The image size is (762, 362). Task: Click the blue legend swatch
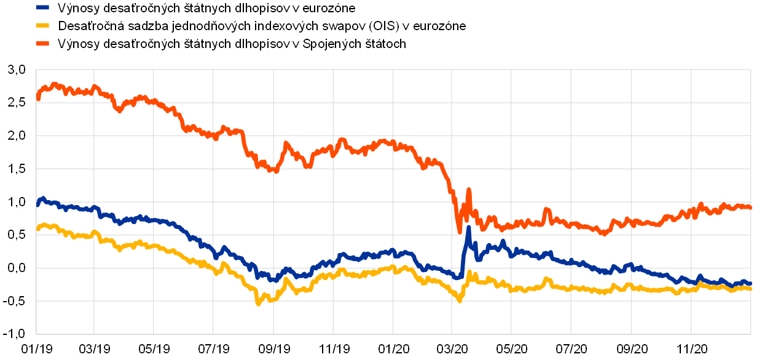(42, 7)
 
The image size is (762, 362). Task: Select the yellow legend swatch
(42, 25)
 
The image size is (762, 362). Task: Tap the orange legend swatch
(42, 43)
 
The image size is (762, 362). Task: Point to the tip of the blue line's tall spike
(468, 228)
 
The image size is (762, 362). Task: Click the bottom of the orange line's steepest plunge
(460, 232)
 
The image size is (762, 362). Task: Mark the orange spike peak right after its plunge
(468, 190)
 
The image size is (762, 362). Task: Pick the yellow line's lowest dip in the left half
(258, 303)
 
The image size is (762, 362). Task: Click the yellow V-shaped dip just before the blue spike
(460, 300)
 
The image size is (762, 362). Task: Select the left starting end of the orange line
(37, 98)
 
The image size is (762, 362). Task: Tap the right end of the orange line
(750, 207)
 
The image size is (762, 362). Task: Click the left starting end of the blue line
(37, 204)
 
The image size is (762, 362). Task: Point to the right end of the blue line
(750, 284)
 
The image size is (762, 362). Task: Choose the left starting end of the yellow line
(37, 229)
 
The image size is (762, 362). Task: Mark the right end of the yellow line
(750, 288)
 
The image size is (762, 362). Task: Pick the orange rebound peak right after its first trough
(286, 143)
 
